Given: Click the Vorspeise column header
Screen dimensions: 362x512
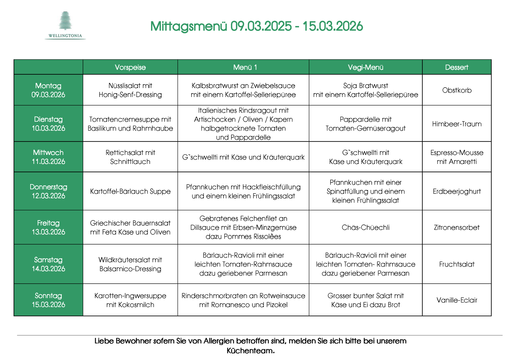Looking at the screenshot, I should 130,67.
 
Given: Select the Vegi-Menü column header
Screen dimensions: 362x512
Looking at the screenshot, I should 365,67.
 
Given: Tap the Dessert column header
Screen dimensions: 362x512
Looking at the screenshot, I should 456,67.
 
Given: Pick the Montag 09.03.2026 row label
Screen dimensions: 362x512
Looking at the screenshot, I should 48,90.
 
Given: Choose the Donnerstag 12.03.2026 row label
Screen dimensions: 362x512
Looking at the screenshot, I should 48,191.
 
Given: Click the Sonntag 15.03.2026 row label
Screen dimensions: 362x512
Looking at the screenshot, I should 48,300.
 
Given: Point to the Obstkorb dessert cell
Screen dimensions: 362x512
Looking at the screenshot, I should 457,90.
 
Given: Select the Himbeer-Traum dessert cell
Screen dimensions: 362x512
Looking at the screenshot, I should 457,124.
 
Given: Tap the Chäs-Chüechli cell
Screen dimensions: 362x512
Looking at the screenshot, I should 366,227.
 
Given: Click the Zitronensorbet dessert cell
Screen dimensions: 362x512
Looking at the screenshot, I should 457,227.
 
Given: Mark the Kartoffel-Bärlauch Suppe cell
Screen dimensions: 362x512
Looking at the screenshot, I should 130,191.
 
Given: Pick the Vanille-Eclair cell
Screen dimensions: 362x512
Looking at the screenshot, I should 457,300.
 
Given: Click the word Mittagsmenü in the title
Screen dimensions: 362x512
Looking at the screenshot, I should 189,26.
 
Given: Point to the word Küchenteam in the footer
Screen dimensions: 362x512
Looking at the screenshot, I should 250,351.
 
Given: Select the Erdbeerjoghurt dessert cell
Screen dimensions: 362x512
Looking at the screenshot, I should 457,191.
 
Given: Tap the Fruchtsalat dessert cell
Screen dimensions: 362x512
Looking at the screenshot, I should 457,264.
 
